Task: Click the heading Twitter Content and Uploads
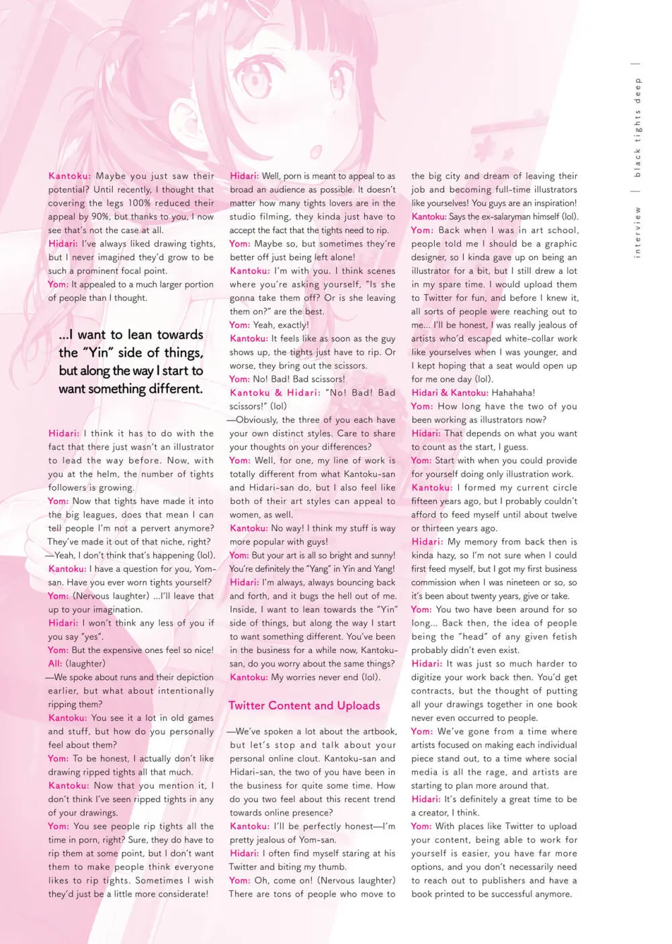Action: [x=304, y=705]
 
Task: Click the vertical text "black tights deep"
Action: [x=638, y=128]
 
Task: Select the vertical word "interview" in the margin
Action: [x=638, y=232]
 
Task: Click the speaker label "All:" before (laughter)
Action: [x=55, y=664]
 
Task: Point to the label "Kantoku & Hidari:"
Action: [x=275, y=393]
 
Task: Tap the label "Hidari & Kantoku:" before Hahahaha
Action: [x=450, y=393]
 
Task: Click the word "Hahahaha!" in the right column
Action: [x=513, y=393]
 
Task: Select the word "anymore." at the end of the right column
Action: [x=553, y=894]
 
